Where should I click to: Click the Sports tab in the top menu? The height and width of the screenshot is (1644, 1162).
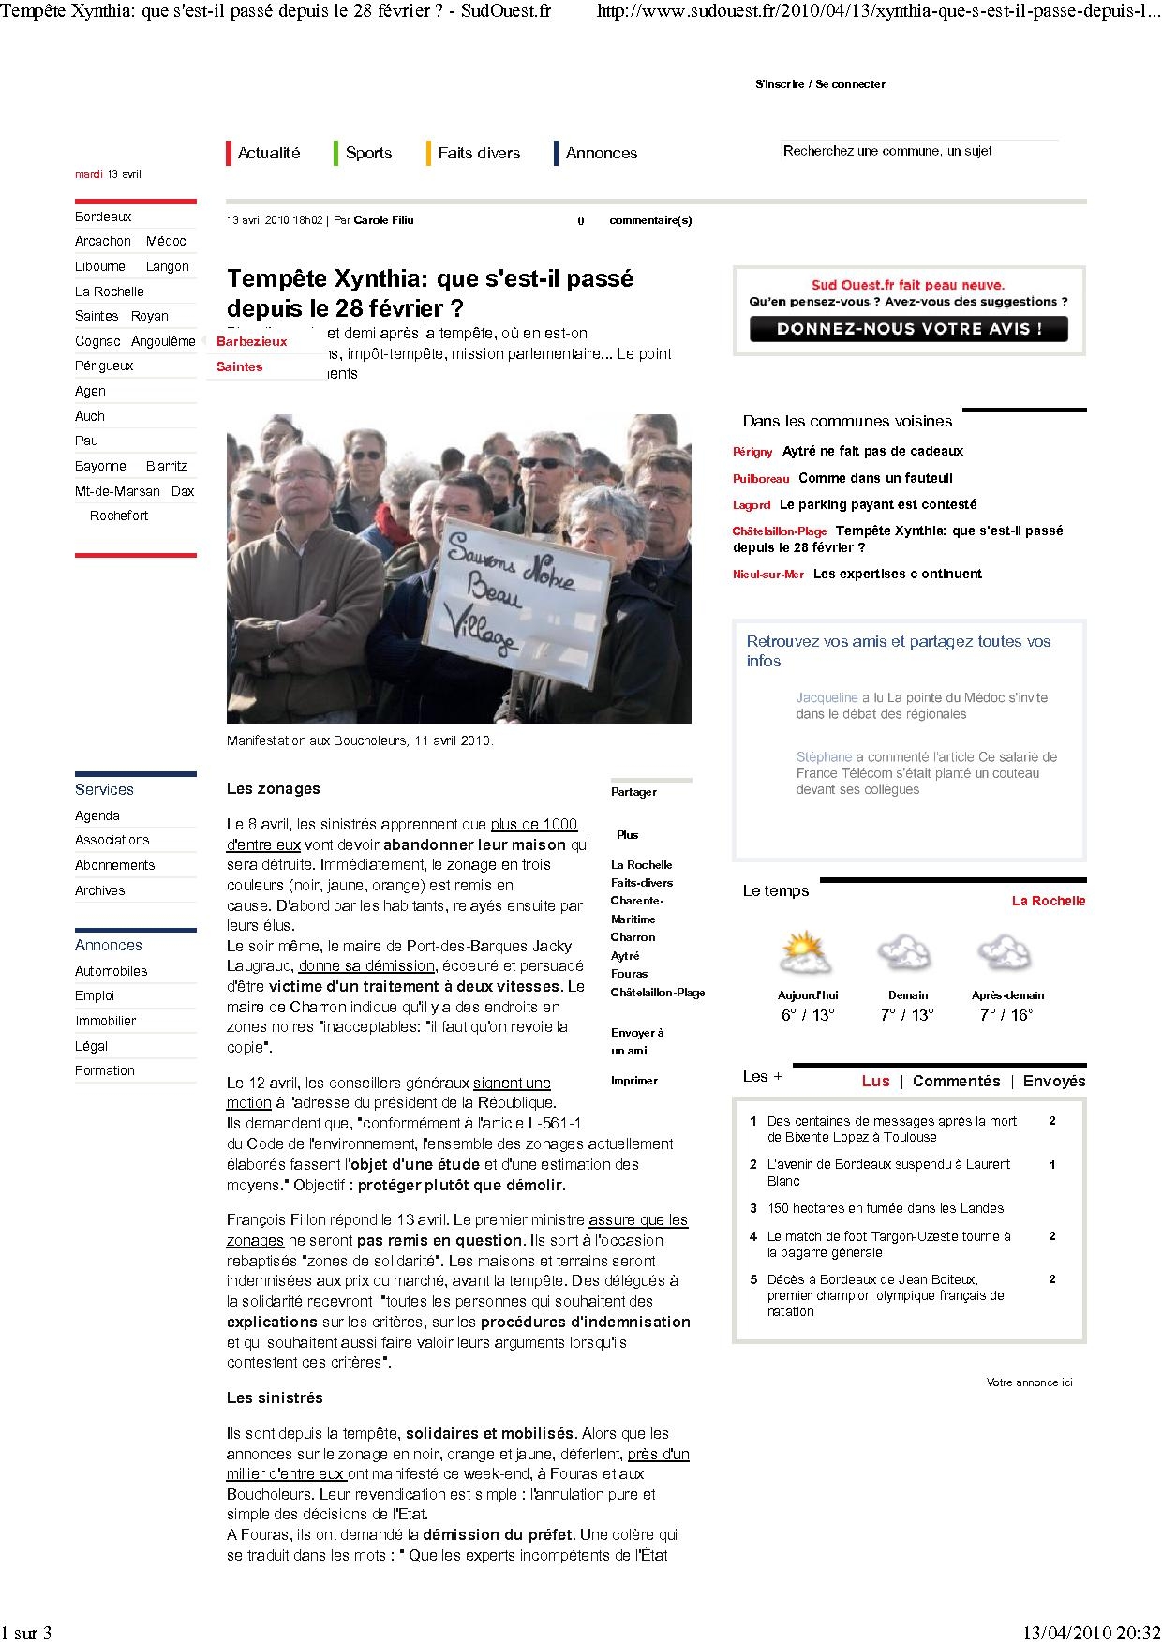(368, 153)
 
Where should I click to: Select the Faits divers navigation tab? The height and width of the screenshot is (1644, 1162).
(478, 153)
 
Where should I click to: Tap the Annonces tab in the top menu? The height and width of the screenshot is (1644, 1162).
(601, 153)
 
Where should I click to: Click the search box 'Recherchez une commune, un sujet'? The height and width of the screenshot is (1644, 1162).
(918, 151)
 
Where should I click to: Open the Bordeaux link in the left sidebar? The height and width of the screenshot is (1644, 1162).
(103, 217)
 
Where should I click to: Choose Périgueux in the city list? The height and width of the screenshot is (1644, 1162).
(104, 366)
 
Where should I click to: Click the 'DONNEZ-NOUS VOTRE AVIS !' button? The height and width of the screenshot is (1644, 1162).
(908, 329)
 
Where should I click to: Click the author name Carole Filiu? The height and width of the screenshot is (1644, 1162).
(383, 220)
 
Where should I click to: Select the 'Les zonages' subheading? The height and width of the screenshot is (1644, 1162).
(273, 788)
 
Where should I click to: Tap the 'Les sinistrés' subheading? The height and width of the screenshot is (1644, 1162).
(275, 1397)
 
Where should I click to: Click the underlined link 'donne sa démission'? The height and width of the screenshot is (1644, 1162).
(366, 965)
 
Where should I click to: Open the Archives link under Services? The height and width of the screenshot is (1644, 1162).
(99, 890)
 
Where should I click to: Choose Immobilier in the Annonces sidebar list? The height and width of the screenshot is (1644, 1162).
(105, 1021)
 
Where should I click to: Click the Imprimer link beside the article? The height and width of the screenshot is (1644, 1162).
(634, 1081)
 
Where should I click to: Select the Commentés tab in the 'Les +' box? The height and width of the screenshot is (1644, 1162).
(956, 1081)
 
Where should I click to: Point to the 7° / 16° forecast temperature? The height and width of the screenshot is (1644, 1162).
(1006, 1015)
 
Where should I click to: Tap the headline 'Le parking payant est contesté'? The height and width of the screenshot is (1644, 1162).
(878, 504)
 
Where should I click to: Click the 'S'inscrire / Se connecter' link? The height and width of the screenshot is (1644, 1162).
(820, 84)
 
